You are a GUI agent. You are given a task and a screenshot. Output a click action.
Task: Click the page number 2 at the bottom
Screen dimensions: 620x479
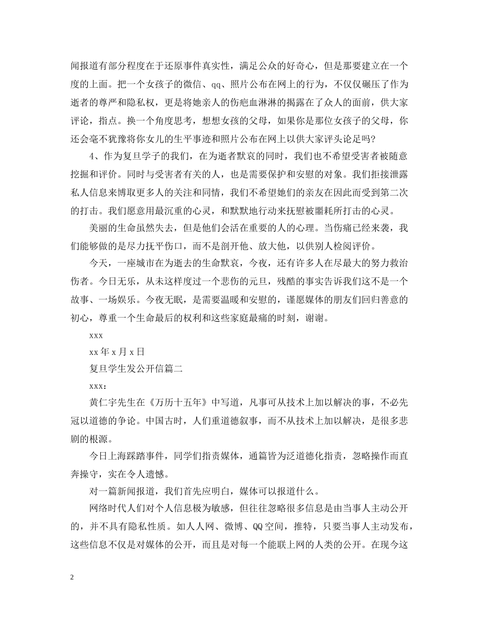(73, 578)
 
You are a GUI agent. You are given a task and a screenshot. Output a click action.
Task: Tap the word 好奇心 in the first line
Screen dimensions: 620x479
(301, 66)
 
